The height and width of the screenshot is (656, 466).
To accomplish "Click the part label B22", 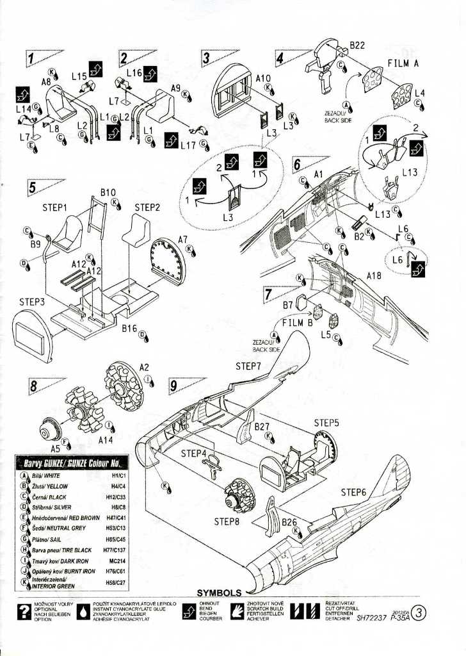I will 357,45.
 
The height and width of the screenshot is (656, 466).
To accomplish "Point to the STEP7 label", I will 248,366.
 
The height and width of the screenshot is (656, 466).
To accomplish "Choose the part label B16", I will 130,327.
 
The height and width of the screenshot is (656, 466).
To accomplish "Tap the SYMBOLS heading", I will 219,593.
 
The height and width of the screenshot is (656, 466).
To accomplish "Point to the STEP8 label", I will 227,521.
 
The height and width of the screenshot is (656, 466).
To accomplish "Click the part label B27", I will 262,426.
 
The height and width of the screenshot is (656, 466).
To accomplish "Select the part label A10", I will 263,78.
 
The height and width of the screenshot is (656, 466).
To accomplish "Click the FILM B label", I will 298,322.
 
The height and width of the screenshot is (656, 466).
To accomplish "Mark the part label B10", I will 108,192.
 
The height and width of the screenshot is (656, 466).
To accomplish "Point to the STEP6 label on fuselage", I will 353,492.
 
